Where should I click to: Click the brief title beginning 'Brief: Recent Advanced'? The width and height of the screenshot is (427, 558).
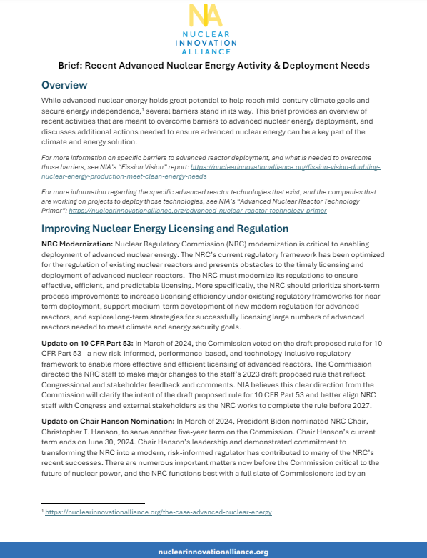(213, 66)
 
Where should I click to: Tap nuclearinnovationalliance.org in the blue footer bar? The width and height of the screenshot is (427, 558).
(213, 551)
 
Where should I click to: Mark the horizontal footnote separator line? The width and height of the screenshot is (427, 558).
(93, 504)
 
